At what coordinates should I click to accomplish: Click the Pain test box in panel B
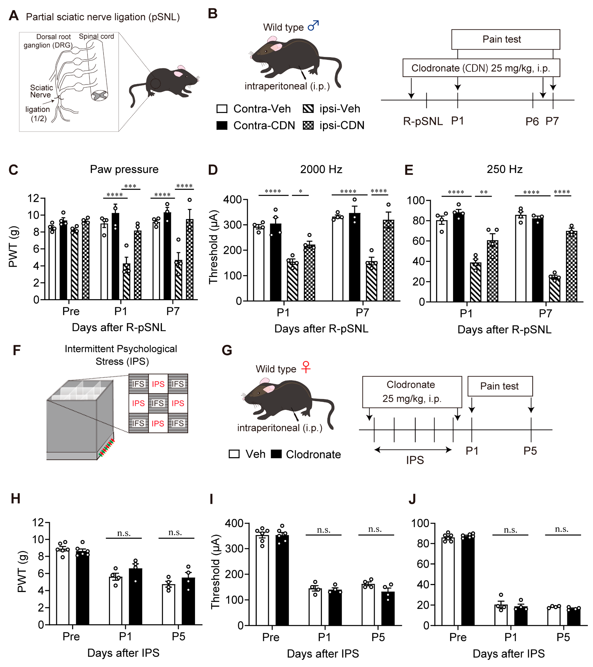coord(505,39)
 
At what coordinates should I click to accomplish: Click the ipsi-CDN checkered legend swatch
coord(308,125)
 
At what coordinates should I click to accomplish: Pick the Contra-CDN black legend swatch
coord(222,125)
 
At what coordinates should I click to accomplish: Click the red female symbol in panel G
coord(306,367)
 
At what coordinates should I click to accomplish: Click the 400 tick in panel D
coord(232,199)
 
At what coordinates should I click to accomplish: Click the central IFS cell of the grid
coord(158,403)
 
